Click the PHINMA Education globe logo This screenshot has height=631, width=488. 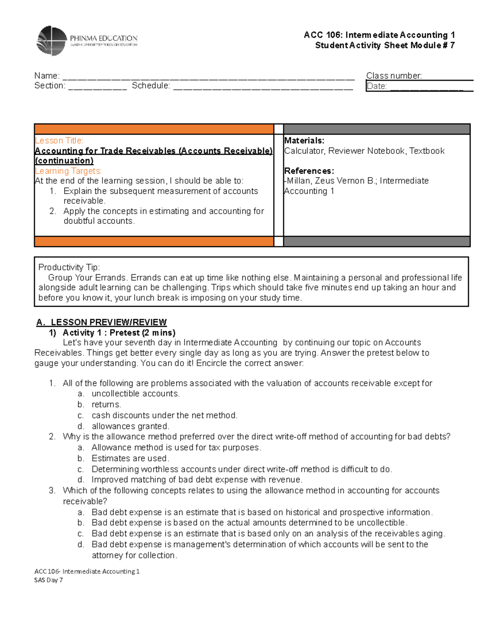pos(52,41)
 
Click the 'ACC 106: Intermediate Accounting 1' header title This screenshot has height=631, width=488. pos(379,35)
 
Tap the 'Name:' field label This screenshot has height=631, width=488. pos(47,76)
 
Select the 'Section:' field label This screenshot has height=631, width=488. pos(50,86)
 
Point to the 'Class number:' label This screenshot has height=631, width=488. pos(394,76)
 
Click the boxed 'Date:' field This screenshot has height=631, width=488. pos(419,86)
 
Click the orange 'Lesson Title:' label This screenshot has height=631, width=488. pos(59,141)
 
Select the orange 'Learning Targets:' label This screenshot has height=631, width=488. pos(68,171)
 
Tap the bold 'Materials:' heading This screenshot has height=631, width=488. pos(304,141)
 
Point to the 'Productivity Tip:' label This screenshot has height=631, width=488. pos(69,267)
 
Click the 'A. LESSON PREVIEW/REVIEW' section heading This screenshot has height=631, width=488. pos(102,322)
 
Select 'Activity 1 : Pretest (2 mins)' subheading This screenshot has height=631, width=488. pos(119,333)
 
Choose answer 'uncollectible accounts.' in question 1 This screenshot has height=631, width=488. pos(135,394)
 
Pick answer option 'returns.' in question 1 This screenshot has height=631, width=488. pos(106,405)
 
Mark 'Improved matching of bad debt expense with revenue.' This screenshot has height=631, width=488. pos(197,480)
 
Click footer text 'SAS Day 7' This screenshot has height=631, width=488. pos(48,580)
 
